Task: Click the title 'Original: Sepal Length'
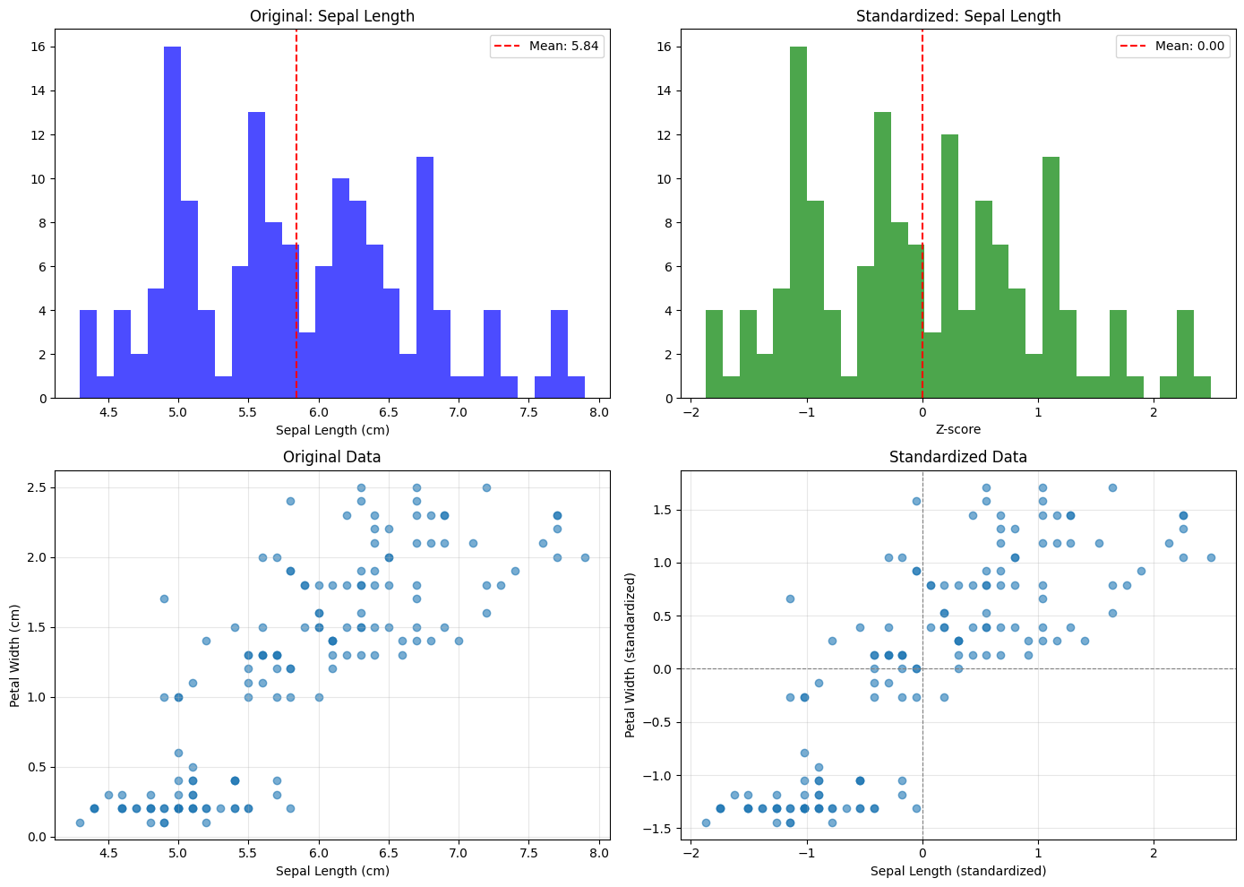331,16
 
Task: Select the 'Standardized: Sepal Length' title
958,16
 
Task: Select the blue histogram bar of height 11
425,278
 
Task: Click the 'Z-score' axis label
958,430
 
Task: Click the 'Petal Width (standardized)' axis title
631,655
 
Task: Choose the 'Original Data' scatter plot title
331,457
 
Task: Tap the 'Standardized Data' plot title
958,457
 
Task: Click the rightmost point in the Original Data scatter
585,557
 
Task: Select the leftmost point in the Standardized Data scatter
706,822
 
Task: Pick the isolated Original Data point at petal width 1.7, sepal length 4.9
164,599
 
